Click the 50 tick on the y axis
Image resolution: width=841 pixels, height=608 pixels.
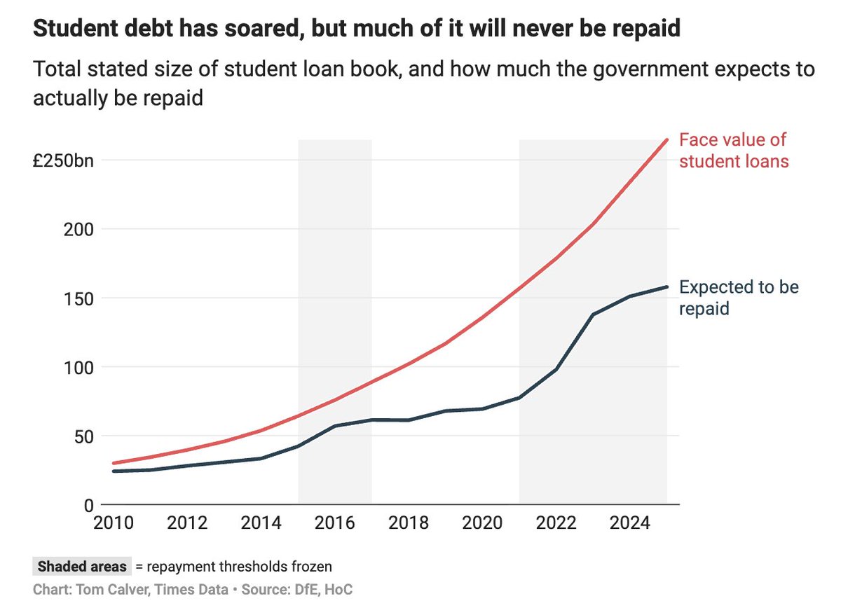[x=82, y=436]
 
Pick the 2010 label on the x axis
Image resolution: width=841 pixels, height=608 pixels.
[x=114, y=524]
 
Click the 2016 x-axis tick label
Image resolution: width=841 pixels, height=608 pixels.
[x=335, y=524]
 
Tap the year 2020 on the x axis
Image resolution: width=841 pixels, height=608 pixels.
[x=482, y=524]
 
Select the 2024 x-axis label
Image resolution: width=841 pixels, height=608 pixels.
[x=630, y=524]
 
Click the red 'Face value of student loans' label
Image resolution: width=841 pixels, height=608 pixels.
[x=734, y=150]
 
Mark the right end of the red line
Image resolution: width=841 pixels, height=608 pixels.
[x=667, y=139]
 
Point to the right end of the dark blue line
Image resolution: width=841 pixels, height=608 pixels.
[x=667, y=286]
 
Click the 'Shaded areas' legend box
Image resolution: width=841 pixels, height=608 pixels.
[x=82, y=566]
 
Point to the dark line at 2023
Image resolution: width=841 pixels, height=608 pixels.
[x=594, y=315]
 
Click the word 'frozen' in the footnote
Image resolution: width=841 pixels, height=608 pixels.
[x=313, y=566]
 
